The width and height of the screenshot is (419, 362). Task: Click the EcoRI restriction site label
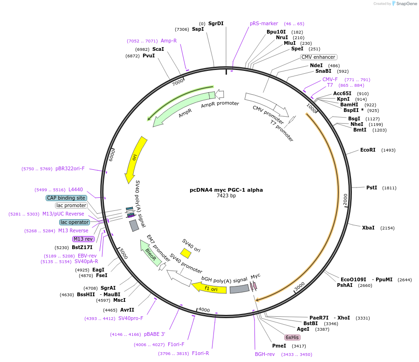point(368,150)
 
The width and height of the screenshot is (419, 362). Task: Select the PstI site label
point(371,188)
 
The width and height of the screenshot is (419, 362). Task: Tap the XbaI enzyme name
point(368,228)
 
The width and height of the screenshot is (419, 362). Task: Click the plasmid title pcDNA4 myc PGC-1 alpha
point(226,190)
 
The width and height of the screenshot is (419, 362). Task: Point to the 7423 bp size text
point(226,196)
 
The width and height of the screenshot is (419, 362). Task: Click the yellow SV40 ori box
point(185,253)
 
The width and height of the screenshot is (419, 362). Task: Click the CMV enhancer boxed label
point(318,57)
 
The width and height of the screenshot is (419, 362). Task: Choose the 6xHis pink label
point(292,337)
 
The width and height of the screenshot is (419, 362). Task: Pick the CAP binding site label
point(66,198)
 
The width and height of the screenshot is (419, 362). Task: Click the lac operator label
point(75,223)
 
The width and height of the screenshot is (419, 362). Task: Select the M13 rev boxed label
point(83,239)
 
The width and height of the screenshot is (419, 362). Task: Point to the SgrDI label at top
point(216,23)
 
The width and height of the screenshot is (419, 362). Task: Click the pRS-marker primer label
point(264,23)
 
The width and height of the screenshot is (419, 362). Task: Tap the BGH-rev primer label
point(265,355)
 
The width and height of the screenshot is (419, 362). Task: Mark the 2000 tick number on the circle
point(345,199)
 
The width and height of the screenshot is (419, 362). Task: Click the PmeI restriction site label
point(279,346)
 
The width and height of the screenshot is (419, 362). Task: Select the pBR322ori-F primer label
point(70,168)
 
